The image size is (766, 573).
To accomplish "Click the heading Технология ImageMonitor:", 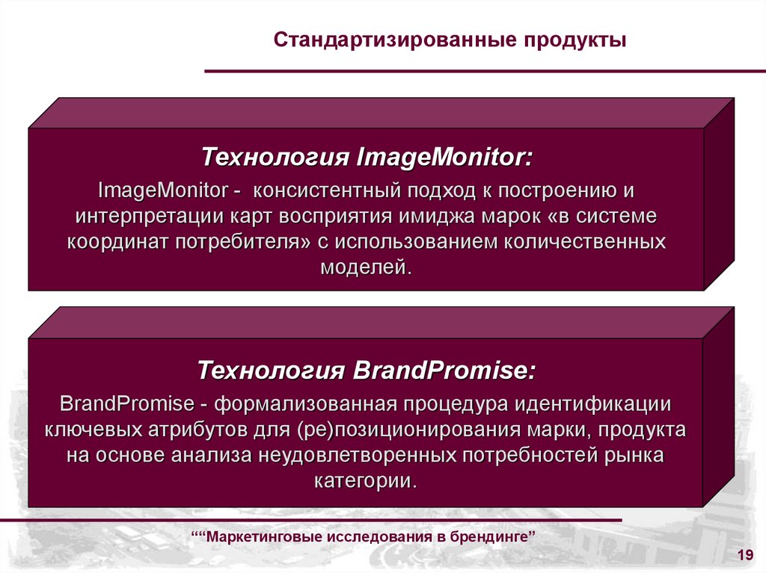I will pos(367,158).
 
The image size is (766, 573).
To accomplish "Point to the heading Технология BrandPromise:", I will pos(367,371).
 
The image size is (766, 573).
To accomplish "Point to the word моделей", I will pos(366,267).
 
